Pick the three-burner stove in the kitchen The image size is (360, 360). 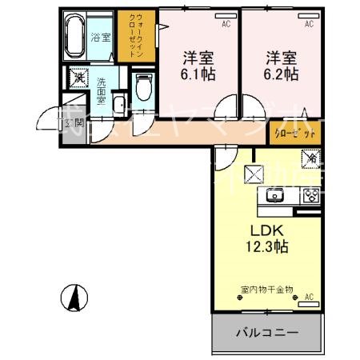pos(310,194)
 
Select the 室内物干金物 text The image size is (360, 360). pos(266,289)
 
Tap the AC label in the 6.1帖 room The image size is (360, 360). pos(226,25)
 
